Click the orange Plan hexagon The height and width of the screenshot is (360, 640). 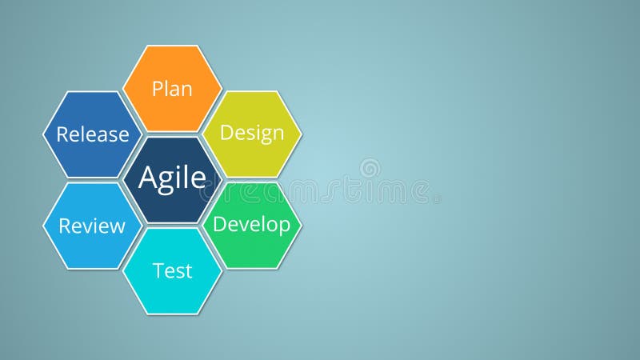coord(172,88)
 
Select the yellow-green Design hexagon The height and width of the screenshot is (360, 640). coord(252,133)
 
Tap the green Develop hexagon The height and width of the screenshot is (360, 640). coord(252,225)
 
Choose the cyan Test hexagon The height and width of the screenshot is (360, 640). coord(172,271)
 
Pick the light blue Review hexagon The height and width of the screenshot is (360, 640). coord(92,226)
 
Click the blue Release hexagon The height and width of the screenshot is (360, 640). coord(92,134)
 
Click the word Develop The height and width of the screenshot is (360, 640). coord(252,225)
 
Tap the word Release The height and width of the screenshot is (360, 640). coord(92,134)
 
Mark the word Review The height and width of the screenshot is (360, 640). coord(92,226)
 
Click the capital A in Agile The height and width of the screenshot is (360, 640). coord(148,177)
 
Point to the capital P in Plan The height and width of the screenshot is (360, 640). coord(158,88)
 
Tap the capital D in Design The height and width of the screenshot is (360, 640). coord(226,133)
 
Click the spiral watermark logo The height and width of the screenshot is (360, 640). coord(370,168)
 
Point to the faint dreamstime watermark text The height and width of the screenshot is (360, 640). coord(320,193)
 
